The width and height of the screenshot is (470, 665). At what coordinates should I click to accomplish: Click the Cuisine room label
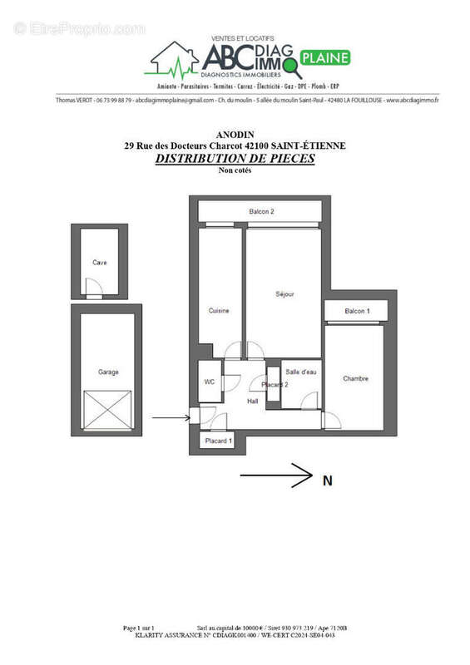(219, 311)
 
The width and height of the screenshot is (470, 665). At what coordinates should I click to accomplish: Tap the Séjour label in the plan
(284, 294)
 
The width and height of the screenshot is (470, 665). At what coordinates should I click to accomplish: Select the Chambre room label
(355, 379)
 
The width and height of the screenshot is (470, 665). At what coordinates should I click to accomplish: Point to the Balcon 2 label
(261, 212)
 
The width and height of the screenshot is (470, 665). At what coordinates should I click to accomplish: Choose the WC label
(210, 382)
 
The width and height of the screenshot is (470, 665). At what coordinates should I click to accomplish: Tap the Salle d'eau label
(300, 372)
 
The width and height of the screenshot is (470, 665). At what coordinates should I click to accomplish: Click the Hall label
(253, 401)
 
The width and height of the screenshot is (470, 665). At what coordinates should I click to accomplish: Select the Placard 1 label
(218, 440)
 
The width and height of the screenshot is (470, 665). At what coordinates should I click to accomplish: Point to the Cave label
(100, 263)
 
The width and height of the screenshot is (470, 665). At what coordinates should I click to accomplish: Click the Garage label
(107, 372)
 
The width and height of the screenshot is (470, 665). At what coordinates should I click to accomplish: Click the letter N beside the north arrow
(327, 479)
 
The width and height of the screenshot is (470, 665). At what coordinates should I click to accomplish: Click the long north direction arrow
(275, 477)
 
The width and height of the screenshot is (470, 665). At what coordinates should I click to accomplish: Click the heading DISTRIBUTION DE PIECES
(235, 158)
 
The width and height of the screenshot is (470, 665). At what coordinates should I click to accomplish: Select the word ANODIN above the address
(235, 135)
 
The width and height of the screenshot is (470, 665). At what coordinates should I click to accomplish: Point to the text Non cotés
(235, 170)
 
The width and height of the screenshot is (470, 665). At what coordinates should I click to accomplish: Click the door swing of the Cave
(96, 290)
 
